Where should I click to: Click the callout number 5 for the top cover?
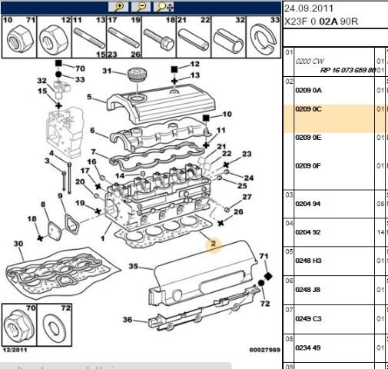click(89, 98)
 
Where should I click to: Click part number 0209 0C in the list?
click(308, 109)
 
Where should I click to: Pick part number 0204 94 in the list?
click(308, 203)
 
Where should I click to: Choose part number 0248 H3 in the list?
click(308, 261)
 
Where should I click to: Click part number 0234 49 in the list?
click(308, 347)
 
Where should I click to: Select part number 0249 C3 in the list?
click(308, 318)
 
